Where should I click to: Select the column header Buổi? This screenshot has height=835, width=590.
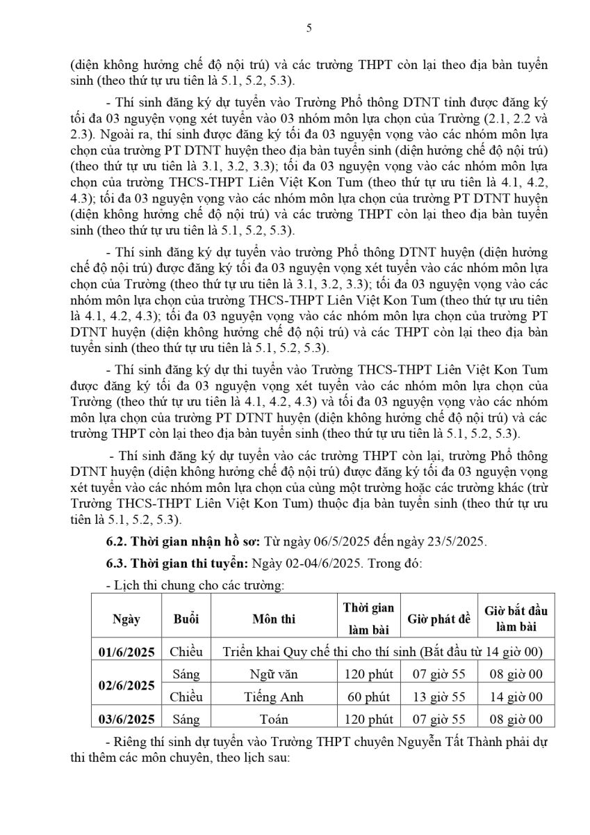(186, 619)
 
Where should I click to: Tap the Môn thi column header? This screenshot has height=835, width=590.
(274, 619)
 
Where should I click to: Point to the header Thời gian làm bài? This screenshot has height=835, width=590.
(368, 619)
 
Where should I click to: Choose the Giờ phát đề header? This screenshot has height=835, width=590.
(439, 619)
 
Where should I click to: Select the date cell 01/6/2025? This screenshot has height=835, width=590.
(126, 652)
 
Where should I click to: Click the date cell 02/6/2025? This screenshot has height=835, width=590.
(126, 685)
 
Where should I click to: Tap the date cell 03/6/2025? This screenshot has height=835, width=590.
(126, 719)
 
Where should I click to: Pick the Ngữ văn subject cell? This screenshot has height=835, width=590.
(274, 674)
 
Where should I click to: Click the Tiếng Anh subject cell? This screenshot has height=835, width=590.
(274, 697)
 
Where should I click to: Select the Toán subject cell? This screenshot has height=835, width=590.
(274, 719)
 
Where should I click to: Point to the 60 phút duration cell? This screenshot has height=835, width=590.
(368, 697)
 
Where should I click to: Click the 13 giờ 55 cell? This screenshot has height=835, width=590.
(439, 697)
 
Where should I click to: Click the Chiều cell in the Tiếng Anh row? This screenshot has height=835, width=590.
(186, 697)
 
